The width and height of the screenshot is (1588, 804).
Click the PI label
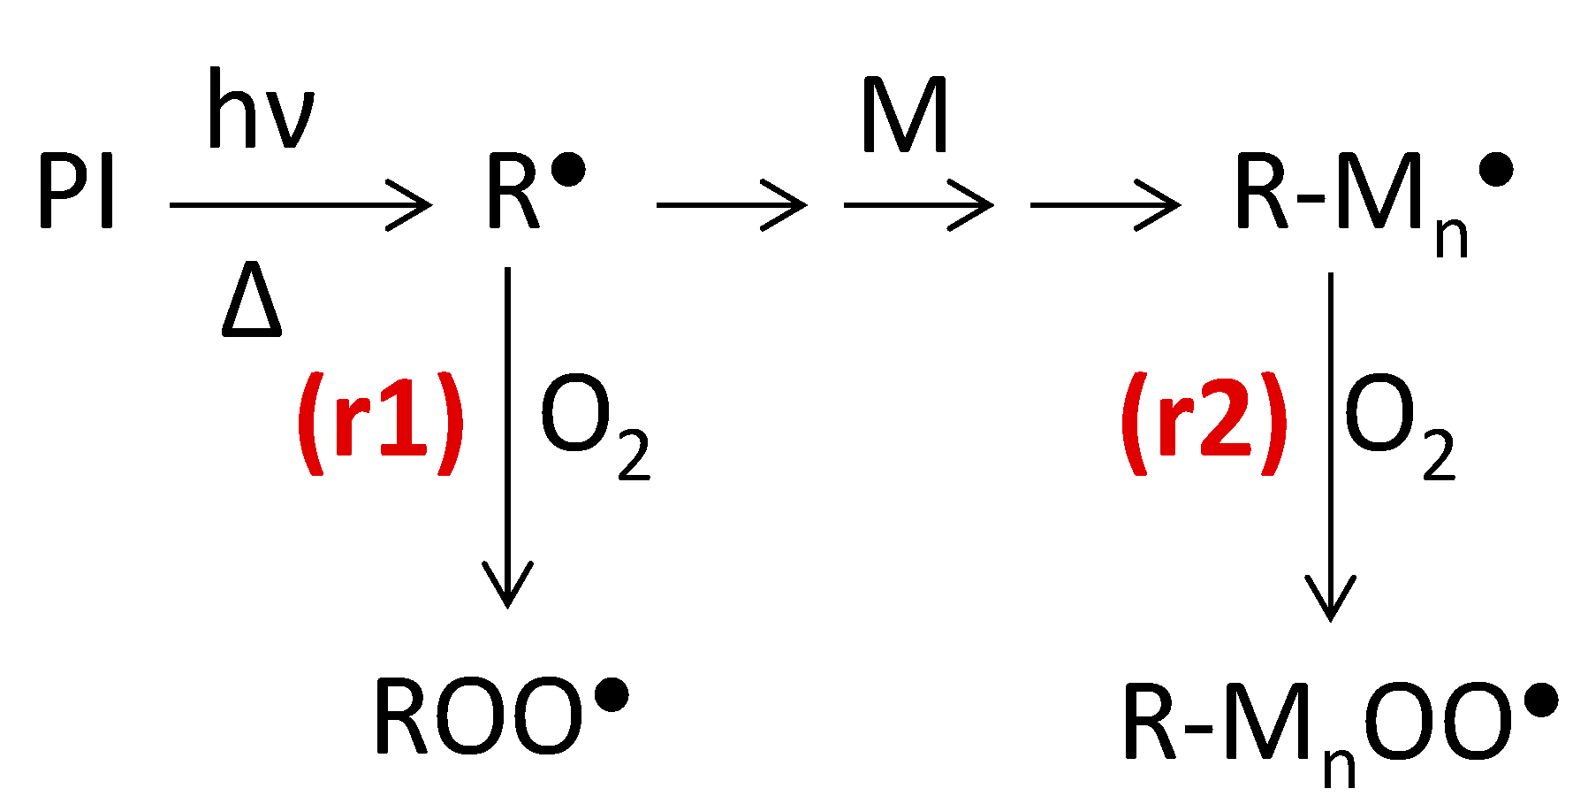[77, 193]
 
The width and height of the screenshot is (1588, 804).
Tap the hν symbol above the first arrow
[261, 111]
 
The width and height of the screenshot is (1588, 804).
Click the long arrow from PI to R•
[300, 205]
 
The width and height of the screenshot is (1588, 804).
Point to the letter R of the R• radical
[513, 193]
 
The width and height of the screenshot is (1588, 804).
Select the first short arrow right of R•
[731, 205]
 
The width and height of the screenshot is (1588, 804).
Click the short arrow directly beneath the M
[918, 205]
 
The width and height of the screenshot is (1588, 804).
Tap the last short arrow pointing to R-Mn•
[1105, 205]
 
